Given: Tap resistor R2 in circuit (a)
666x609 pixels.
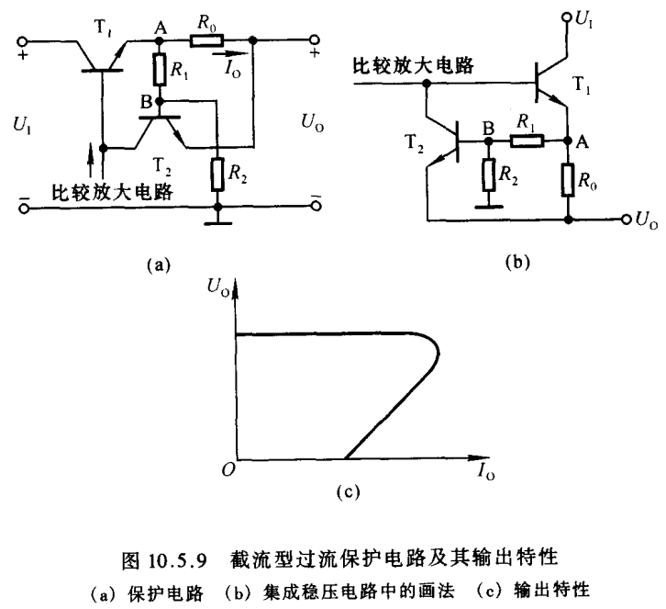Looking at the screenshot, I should click(x=216, y=175).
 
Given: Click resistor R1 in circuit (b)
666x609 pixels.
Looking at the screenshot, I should click(x=528, y=142).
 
